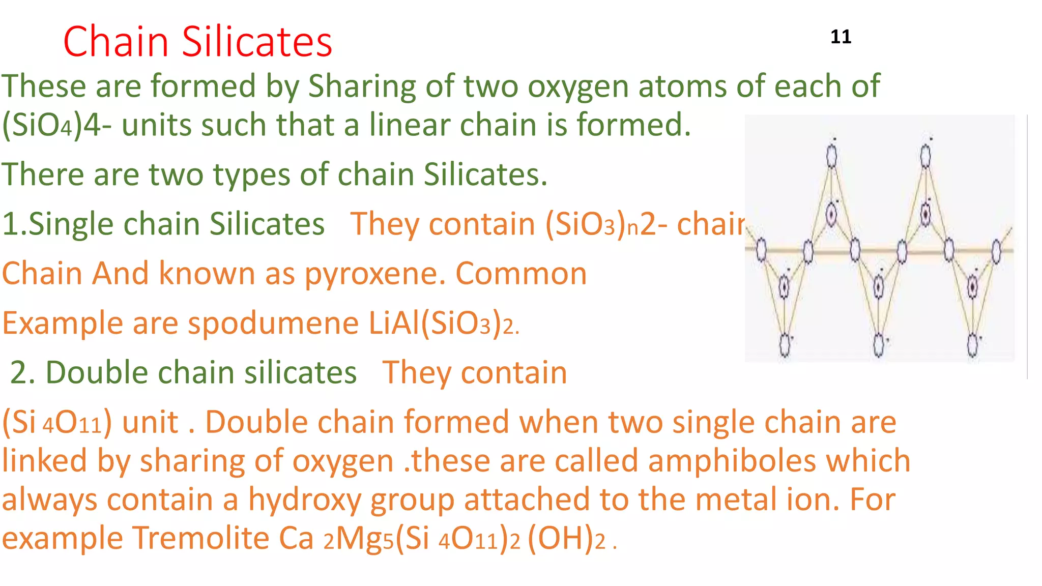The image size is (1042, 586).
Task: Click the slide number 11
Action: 841,37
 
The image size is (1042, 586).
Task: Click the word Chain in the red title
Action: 115,42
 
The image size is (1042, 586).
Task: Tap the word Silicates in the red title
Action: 257,42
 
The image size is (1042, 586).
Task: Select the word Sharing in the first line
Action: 362,86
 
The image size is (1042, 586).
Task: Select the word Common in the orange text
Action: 521,274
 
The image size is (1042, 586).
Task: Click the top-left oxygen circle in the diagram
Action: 831,156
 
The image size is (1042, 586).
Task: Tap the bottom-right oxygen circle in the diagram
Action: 972,344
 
